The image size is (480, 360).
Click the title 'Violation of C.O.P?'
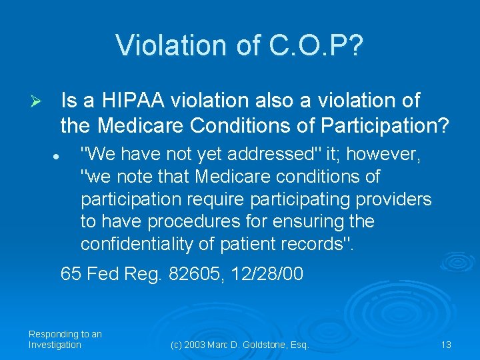(239, 45)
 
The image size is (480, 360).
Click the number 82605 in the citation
(196, 274)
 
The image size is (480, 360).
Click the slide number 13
(446, 345)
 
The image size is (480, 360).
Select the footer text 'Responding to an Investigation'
(65, 339)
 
